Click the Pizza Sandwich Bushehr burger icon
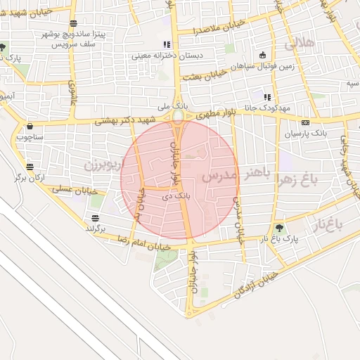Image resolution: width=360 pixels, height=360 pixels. point(74,22)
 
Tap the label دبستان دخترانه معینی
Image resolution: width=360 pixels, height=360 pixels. point(163,55)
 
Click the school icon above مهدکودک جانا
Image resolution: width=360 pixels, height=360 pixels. point(266,97)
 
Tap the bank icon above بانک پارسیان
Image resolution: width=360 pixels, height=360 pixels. point(305,122)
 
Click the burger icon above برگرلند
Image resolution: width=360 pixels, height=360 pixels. point(95,217)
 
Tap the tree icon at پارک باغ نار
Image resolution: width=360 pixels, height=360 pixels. point(281,227)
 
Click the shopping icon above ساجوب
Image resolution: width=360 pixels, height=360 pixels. point(30,127)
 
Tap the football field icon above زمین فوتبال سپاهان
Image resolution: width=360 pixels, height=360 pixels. point(264,55)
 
